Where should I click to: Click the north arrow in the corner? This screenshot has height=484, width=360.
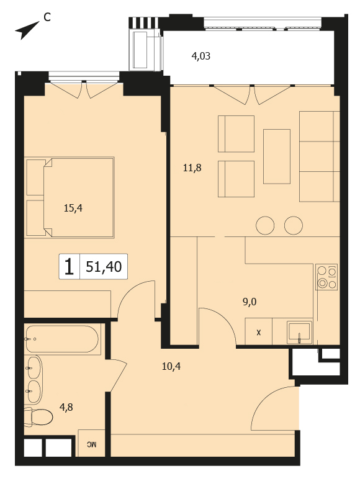tap(27, 30)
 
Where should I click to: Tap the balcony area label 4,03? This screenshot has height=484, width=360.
tap(201, 56)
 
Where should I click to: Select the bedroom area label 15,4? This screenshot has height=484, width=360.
tap(73, 208)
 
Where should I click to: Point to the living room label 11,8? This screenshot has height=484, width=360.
tap(192, 168)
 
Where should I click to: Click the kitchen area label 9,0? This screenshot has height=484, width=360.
tap(250, 302)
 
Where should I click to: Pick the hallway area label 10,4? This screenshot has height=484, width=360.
tap(171, 366)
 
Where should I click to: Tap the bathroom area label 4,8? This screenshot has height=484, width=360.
tap(66, 408)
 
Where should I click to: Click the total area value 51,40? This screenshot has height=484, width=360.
tap(104, 267)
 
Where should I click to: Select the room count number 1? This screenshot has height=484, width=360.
tap(69, 267)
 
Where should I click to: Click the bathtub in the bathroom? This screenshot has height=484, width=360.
tap(62, 339)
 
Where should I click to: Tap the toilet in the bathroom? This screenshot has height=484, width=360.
tap(38, 417)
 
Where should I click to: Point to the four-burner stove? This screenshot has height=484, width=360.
tap(326, 277)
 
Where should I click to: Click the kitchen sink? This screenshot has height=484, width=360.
tap(300, 333)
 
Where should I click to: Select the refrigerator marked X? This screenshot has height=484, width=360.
tap(258, 331)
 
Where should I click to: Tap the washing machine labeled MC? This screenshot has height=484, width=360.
tap(91, 443)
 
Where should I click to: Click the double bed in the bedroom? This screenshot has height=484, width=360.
tap(70, 197)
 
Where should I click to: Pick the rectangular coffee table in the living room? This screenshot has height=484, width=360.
tap(277, 156)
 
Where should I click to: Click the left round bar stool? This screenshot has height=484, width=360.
tap(265, 225)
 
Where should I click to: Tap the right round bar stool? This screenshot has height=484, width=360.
tap(294, 225)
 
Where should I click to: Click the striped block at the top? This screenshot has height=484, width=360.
tap(143, 22)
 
